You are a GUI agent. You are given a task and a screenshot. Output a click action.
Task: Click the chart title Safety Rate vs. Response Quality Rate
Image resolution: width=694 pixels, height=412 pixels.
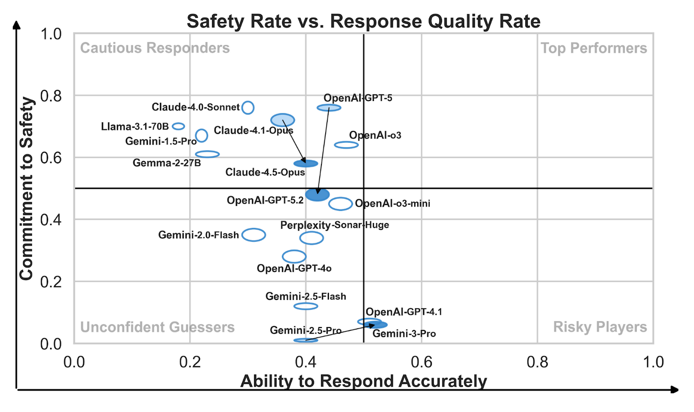363,21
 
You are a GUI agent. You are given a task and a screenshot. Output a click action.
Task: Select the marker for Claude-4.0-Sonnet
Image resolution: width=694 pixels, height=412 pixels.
248,108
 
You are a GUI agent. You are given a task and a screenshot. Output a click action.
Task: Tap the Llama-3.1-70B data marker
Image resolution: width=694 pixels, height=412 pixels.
178,126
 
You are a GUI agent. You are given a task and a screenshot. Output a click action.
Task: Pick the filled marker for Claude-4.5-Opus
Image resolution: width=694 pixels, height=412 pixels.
306,163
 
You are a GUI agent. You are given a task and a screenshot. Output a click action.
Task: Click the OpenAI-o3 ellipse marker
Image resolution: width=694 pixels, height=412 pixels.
346,145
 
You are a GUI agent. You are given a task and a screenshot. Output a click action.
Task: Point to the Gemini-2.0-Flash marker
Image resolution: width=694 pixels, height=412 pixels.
254,235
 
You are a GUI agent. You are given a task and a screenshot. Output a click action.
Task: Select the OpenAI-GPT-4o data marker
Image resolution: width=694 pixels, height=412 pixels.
294,257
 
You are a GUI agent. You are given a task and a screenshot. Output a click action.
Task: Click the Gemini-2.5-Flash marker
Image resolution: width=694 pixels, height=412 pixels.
306,306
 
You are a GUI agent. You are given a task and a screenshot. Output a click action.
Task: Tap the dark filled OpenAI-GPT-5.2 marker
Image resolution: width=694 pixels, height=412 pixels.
317,194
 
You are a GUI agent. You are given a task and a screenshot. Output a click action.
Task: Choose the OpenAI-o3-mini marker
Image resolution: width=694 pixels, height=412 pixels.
340,204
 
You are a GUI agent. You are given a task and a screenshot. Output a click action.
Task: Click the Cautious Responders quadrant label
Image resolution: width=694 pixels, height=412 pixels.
155,48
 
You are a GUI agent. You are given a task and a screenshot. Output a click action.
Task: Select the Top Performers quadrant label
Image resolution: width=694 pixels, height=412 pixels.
593,48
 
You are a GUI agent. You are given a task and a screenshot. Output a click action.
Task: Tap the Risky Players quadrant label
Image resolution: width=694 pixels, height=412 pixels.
599,327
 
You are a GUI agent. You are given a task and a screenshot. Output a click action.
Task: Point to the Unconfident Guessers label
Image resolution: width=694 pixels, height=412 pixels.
157,327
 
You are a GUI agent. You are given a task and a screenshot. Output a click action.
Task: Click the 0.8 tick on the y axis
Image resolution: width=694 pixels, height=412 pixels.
51,96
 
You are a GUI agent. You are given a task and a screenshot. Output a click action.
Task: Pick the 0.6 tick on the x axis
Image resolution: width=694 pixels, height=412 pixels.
421,362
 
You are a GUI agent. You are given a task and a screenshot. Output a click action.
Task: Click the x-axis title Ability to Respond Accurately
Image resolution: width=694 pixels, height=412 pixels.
363,381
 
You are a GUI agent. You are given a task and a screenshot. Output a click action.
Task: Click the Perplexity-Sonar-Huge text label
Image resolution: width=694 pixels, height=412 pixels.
334,225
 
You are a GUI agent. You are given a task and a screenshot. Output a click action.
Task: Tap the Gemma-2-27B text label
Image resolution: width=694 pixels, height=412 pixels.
166,163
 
